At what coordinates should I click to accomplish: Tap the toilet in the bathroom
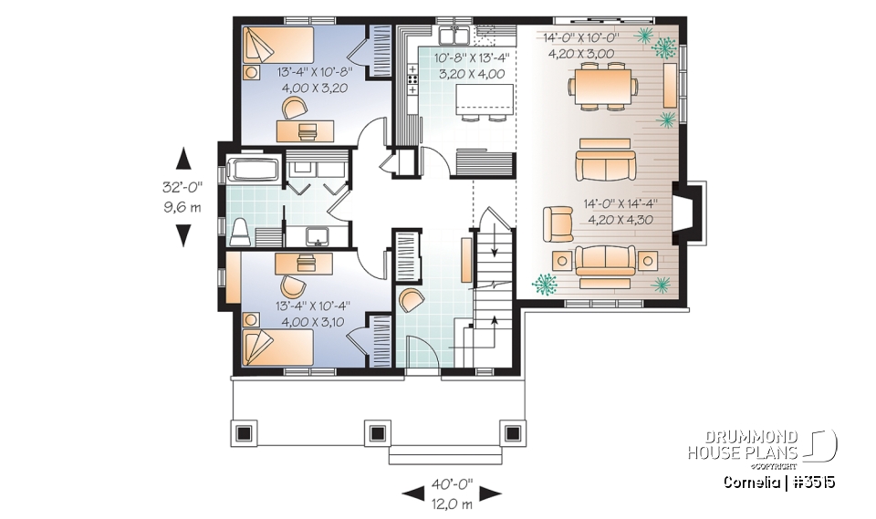240,232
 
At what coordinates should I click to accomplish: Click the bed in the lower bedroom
276,348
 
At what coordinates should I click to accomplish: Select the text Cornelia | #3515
777,482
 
